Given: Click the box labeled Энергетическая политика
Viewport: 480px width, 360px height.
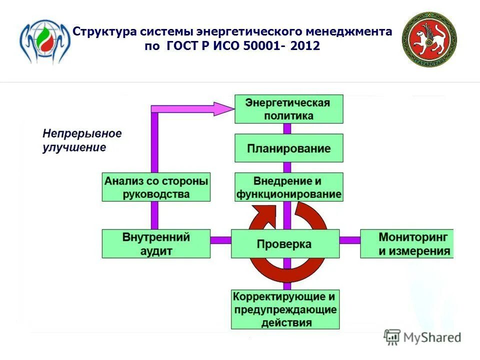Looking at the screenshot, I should click(x=289, y=109).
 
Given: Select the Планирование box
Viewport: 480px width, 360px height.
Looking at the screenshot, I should click(x=289, y=148).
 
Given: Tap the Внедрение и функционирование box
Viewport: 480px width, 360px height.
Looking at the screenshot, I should click(x=289, y=187).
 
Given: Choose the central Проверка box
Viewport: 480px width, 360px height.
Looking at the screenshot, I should click(x=285, y=244).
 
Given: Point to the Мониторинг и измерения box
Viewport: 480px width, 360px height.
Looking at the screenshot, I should click(x=407, y=244).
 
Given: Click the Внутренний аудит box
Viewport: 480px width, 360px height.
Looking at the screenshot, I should click(x=156, y=244).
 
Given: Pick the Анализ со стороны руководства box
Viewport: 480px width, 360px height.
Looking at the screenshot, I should click(x=156, y=187).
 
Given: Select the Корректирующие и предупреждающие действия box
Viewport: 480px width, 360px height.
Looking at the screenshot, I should click(x=285, y=309).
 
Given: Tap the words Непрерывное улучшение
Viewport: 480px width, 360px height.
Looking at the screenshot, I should click(x=82, y=140).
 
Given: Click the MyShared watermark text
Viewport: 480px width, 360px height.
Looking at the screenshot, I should click(x=432, y=337).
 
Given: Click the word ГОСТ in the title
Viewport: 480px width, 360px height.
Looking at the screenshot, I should click(x=179, y=46).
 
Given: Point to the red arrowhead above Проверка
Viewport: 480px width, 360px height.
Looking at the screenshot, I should click(x=260, y=216).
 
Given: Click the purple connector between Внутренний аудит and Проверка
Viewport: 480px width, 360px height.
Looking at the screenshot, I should click(x=220, y=240).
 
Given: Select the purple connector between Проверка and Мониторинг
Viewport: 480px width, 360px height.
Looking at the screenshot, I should click(x=350, y=240).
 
